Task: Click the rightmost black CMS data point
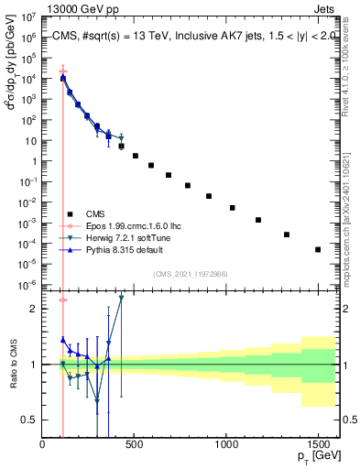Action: click(x=318, y=249)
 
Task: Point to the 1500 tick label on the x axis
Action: click(x=318, y=445)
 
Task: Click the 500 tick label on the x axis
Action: click(x=135, y=445)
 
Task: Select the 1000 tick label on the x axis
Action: click(x=226, y=445)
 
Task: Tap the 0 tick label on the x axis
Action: click(x=43, y=445)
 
